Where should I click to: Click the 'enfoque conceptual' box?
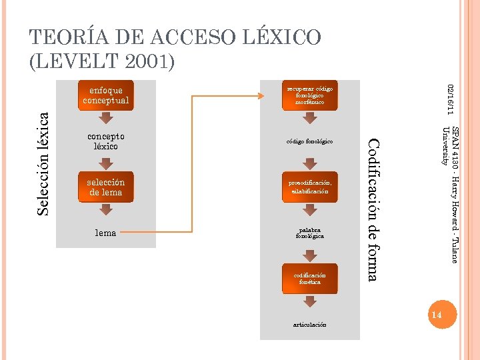pyautogui.click(x=106, y=96)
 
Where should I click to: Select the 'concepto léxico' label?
pyautogui.click(x=106, y=141)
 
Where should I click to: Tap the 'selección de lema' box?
pyautogui.click(x=106, y=187)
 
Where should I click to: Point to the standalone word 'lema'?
pyautogui.click(x=106, y=233)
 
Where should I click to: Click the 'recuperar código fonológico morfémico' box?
pyautogui.click(x=309, y=96)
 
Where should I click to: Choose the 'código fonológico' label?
pyautogui.click(x=309, y=142)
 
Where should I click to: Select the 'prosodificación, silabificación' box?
pyautogui.click(x=309, y=187)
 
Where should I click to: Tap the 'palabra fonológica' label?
pyautogui.click(x=309, y=233)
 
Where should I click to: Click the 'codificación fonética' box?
pyautogui.click(x=309, y=279)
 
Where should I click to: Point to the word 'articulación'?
pyautogui.click(x=309, y=325)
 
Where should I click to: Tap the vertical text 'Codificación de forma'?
pyautogui.click(x=373, y=209)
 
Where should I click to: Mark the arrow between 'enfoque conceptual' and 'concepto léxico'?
pyautogui.click(x=106, y=119)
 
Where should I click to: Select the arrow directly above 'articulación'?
pyautogui.click(x=309, y=301)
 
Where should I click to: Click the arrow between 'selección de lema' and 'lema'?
pyautogui.click(x=106, y=210)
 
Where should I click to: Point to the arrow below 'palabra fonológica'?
pyautogui.click(x=309, y=256)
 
